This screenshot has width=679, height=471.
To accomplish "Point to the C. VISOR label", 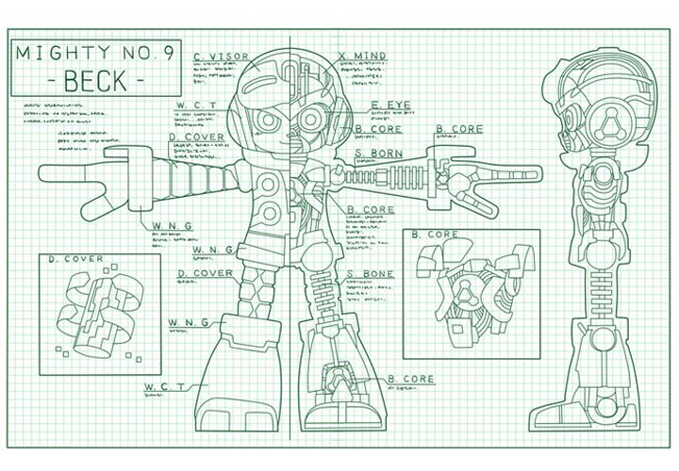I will click(220, 56).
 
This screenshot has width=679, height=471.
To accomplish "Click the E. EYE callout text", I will click(389, 105).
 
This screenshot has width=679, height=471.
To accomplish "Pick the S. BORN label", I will click(375, 153).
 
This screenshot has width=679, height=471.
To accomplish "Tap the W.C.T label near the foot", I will click(163, 387).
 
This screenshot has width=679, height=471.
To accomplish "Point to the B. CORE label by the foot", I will click(411, 379).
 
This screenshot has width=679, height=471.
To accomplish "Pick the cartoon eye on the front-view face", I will click(267, 121).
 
